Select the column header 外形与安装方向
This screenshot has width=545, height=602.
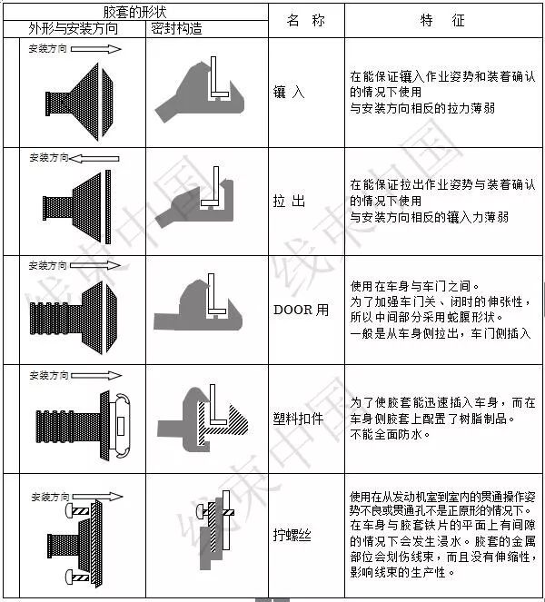tap(73, 28)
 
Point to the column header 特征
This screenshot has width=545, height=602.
tap(442, 19)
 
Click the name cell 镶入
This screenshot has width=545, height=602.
tap(290, 92)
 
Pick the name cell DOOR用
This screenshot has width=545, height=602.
tap(301, 309)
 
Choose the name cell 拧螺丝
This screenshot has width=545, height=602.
tap(292, 535)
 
